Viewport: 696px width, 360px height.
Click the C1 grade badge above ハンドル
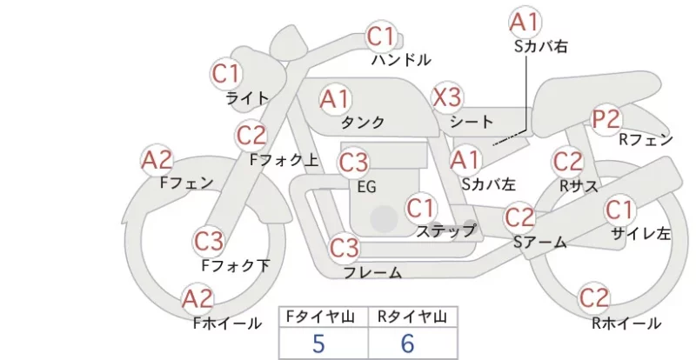381,37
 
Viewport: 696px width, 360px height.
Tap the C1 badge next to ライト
225,74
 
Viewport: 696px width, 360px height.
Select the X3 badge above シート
447,97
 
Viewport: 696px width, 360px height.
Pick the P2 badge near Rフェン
606,119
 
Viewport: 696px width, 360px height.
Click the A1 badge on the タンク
335,99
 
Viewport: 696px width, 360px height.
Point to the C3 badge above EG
353,163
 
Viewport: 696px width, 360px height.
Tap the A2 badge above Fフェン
157,160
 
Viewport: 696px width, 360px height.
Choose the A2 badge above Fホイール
197,298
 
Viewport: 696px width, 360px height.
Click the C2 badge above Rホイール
593,298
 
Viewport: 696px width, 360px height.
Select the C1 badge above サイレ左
619,210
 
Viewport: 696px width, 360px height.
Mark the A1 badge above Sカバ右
525,23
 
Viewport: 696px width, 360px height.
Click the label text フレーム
373,272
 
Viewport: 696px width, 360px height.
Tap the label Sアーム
540,243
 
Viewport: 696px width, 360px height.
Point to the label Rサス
579,186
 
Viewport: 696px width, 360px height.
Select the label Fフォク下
236,265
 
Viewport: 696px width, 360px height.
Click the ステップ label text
445,230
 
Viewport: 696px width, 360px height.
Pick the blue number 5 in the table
318,343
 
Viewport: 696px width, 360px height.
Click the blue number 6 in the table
407,343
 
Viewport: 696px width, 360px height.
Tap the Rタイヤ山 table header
412,317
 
